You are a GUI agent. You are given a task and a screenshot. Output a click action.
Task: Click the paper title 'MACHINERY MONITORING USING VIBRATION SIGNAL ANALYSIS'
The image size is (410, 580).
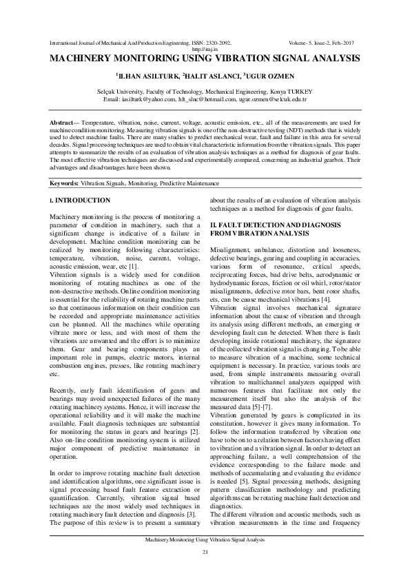click(x=205, y=60)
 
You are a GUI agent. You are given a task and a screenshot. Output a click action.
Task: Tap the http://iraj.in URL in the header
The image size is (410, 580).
click(x=205, y=50)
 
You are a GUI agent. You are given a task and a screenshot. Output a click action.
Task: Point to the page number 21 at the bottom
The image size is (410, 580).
click(x=205, y=553)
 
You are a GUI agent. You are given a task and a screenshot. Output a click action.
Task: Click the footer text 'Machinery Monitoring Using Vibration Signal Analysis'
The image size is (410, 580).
click(x=205, y=540)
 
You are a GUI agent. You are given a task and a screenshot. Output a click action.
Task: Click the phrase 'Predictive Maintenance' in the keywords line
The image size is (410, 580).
click(x=191, y=184)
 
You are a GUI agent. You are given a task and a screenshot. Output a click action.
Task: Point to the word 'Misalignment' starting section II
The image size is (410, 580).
click(x=230, y=249)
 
